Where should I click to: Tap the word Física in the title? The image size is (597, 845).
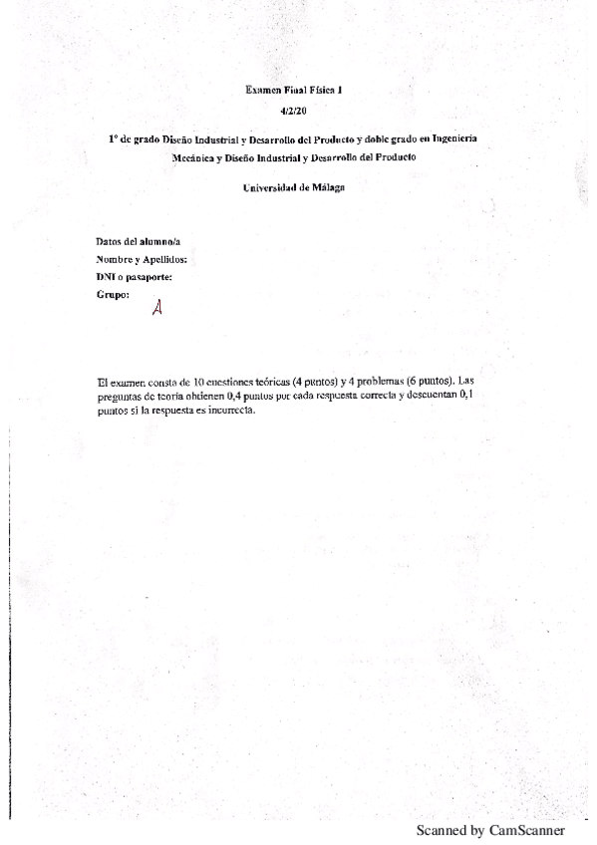(319, 90)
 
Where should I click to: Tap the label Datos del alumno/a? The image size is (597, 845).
(138, 241)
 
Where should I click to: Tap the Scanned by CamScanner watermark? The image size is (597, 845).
(490, 830)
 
